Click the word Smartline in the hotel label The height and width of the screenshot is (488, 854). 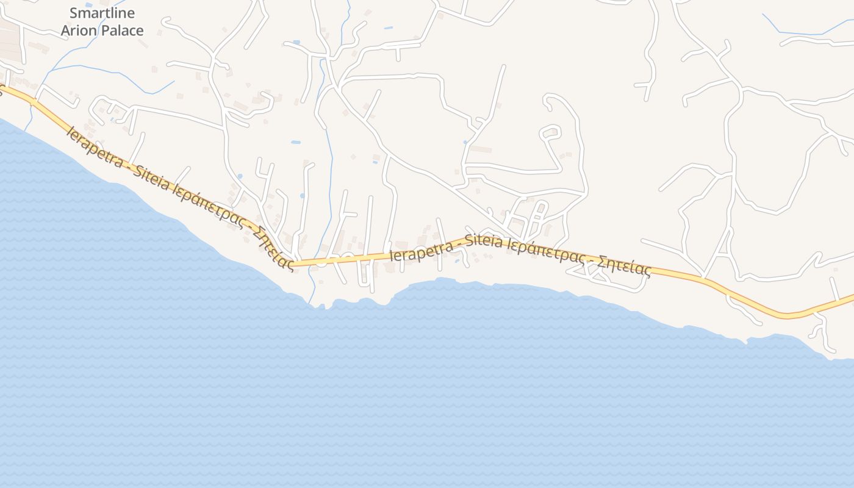point(102,13)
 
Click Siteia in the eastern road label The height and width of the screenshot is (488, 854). point(485,241)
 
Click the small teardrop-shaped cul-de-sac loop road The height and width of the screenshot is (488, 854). point(551,131)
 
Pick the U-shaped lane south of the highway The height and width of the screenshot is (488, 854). point(365,274)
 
